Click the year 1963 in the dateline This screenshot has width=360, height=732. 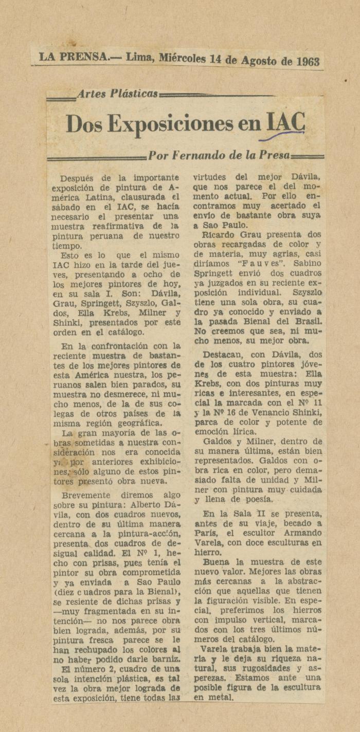click(308, 62)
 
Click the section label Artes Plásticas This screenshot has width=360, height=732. click(117, 94)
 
